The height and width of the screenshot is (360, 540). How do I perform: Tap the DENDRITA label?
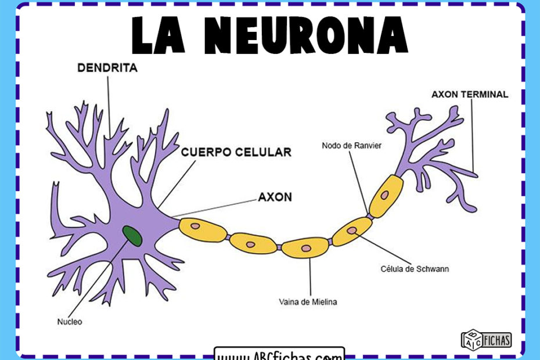pyautogui.click(x=107, y=68)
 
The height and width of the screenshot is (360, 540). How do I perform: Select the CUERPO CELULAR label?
pyautogui.click(x=236, y=153)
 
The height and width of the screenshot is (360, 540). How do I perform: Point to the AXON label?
pyautogui.click(x=275, y=197)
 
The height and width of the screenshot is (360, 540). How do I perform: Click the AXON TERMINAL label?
pyautogui.click(x=470, y=94)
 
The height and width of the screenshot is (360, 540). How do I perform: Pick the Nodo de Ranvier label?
pyautogui.click(x=351, y=146)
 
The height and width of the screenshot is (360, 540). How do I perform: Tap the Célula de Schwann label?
pyautogui.click(x=415, y=269)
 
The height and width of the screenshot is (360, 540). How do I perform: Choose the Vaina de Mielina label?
pyautogui.click(x=308, y=302)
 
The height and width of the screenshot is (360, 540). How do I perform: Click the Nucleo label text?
pyautogui.click(x=70, y=321)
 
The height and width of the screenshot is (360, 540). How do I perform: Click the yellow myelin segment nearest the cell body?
pyautogui.click(x=203, y=229)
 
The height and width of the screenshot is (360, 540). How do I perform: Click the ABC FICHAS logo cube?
pyautogui.click(x=470, y=339)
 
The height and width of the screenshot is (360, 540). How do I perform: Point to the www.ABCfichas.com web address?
pyautogui.click(x=279, y=355)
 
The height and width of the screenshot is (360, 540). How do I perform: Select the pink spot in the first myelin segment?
pyautogui.click(x=196, y=226)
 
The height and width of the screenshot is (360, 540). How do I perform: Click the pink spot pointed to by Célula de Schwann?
pyautogui.click(x=351, y=230)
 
